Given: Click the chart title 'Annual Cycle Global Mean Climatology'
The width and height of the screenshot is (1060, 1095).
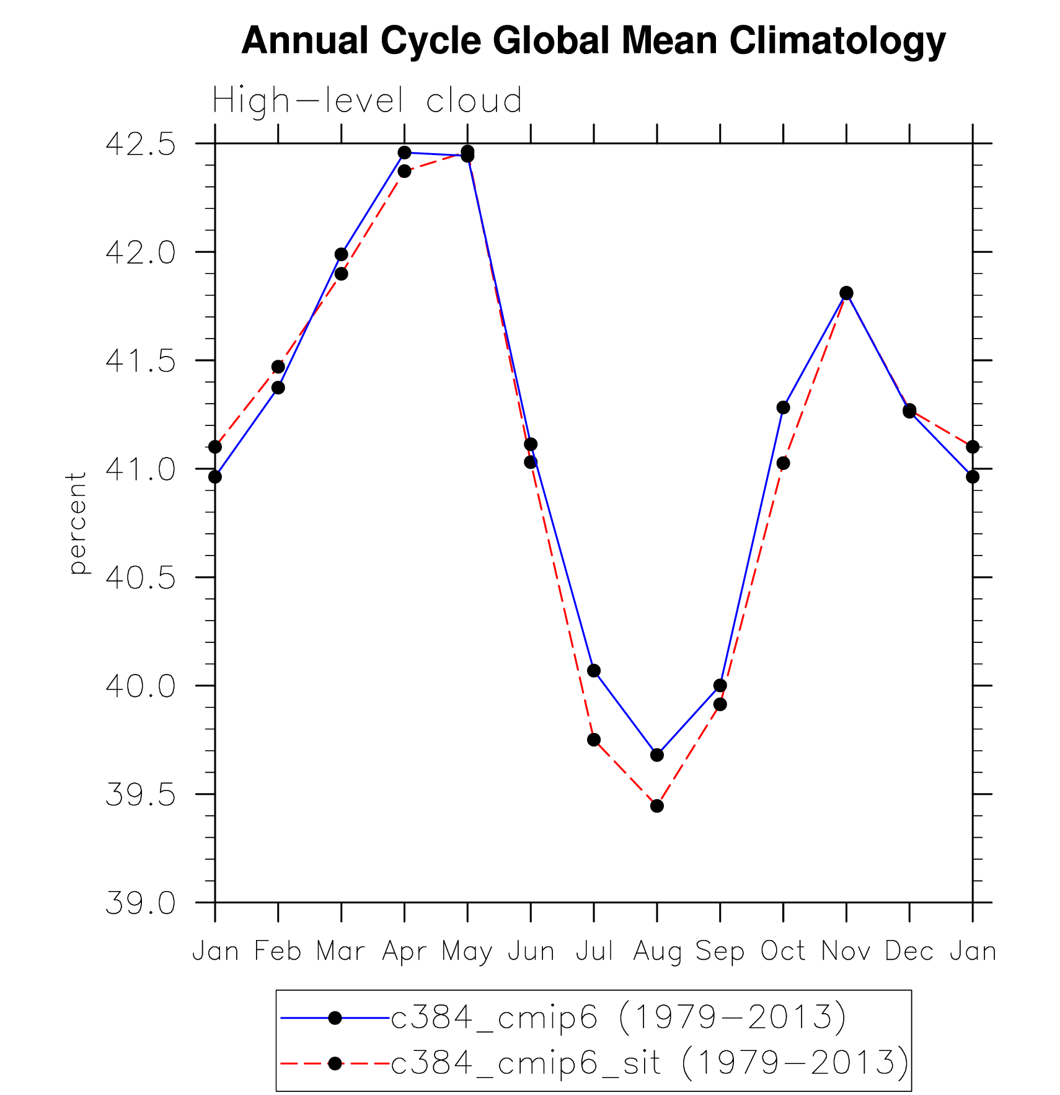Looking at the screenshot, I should pos(593,41).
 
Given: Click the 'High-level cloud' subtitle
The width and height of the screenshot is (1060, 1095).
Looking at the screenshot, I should pos(367,100).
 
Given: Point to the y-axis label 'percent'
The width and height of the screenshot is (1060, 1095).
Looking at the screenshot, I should pos(77,523).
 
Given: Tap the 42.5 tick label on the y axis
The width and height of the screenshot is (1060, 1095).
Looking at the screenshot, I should pos(141,144).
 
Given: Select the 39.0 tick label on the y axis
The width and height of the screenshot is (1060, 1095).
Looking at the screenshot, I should pos(141,903).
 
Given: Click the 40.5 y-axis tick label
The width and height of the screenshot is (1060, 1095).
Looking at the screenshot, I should pos(141,578).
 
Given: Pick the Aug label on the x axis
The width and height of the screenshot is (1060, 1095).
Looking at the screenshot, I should pos(657,951).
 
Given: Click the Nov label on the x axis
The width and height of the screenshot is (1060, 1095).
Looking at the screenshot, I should pos(846,951).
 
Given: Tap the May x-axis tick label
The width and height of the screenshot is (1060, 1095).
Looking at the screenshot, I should pos(467,952).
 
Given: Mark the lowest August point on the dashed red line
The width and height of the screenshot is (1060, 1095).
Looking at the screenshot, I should pos(657,806).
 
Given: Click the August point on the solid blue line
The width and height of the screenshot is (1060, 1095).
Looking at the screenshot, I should pos(657,755).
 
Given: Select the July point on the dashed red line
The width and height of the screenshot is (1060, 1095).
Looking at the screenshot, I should pos(594,740).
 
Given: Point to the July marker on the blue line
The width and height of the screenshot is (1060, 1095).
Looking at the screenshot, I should pos(594,670).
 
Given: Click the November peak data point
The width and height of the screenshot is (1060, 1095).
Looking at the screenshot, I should pos(847,293).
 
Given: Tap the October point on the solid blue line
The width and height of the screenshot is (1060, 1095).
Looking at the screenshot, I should pos(784,407).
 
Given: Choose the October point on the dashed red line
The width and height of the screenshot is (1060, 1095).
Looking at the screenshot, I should pos(784,463).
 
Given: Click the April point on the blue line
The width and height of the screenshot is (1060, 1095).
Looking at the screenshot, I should pos(405,153).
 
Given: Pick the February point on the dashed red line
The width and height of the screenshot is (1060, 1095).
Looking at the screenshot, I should pos(278,366).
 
